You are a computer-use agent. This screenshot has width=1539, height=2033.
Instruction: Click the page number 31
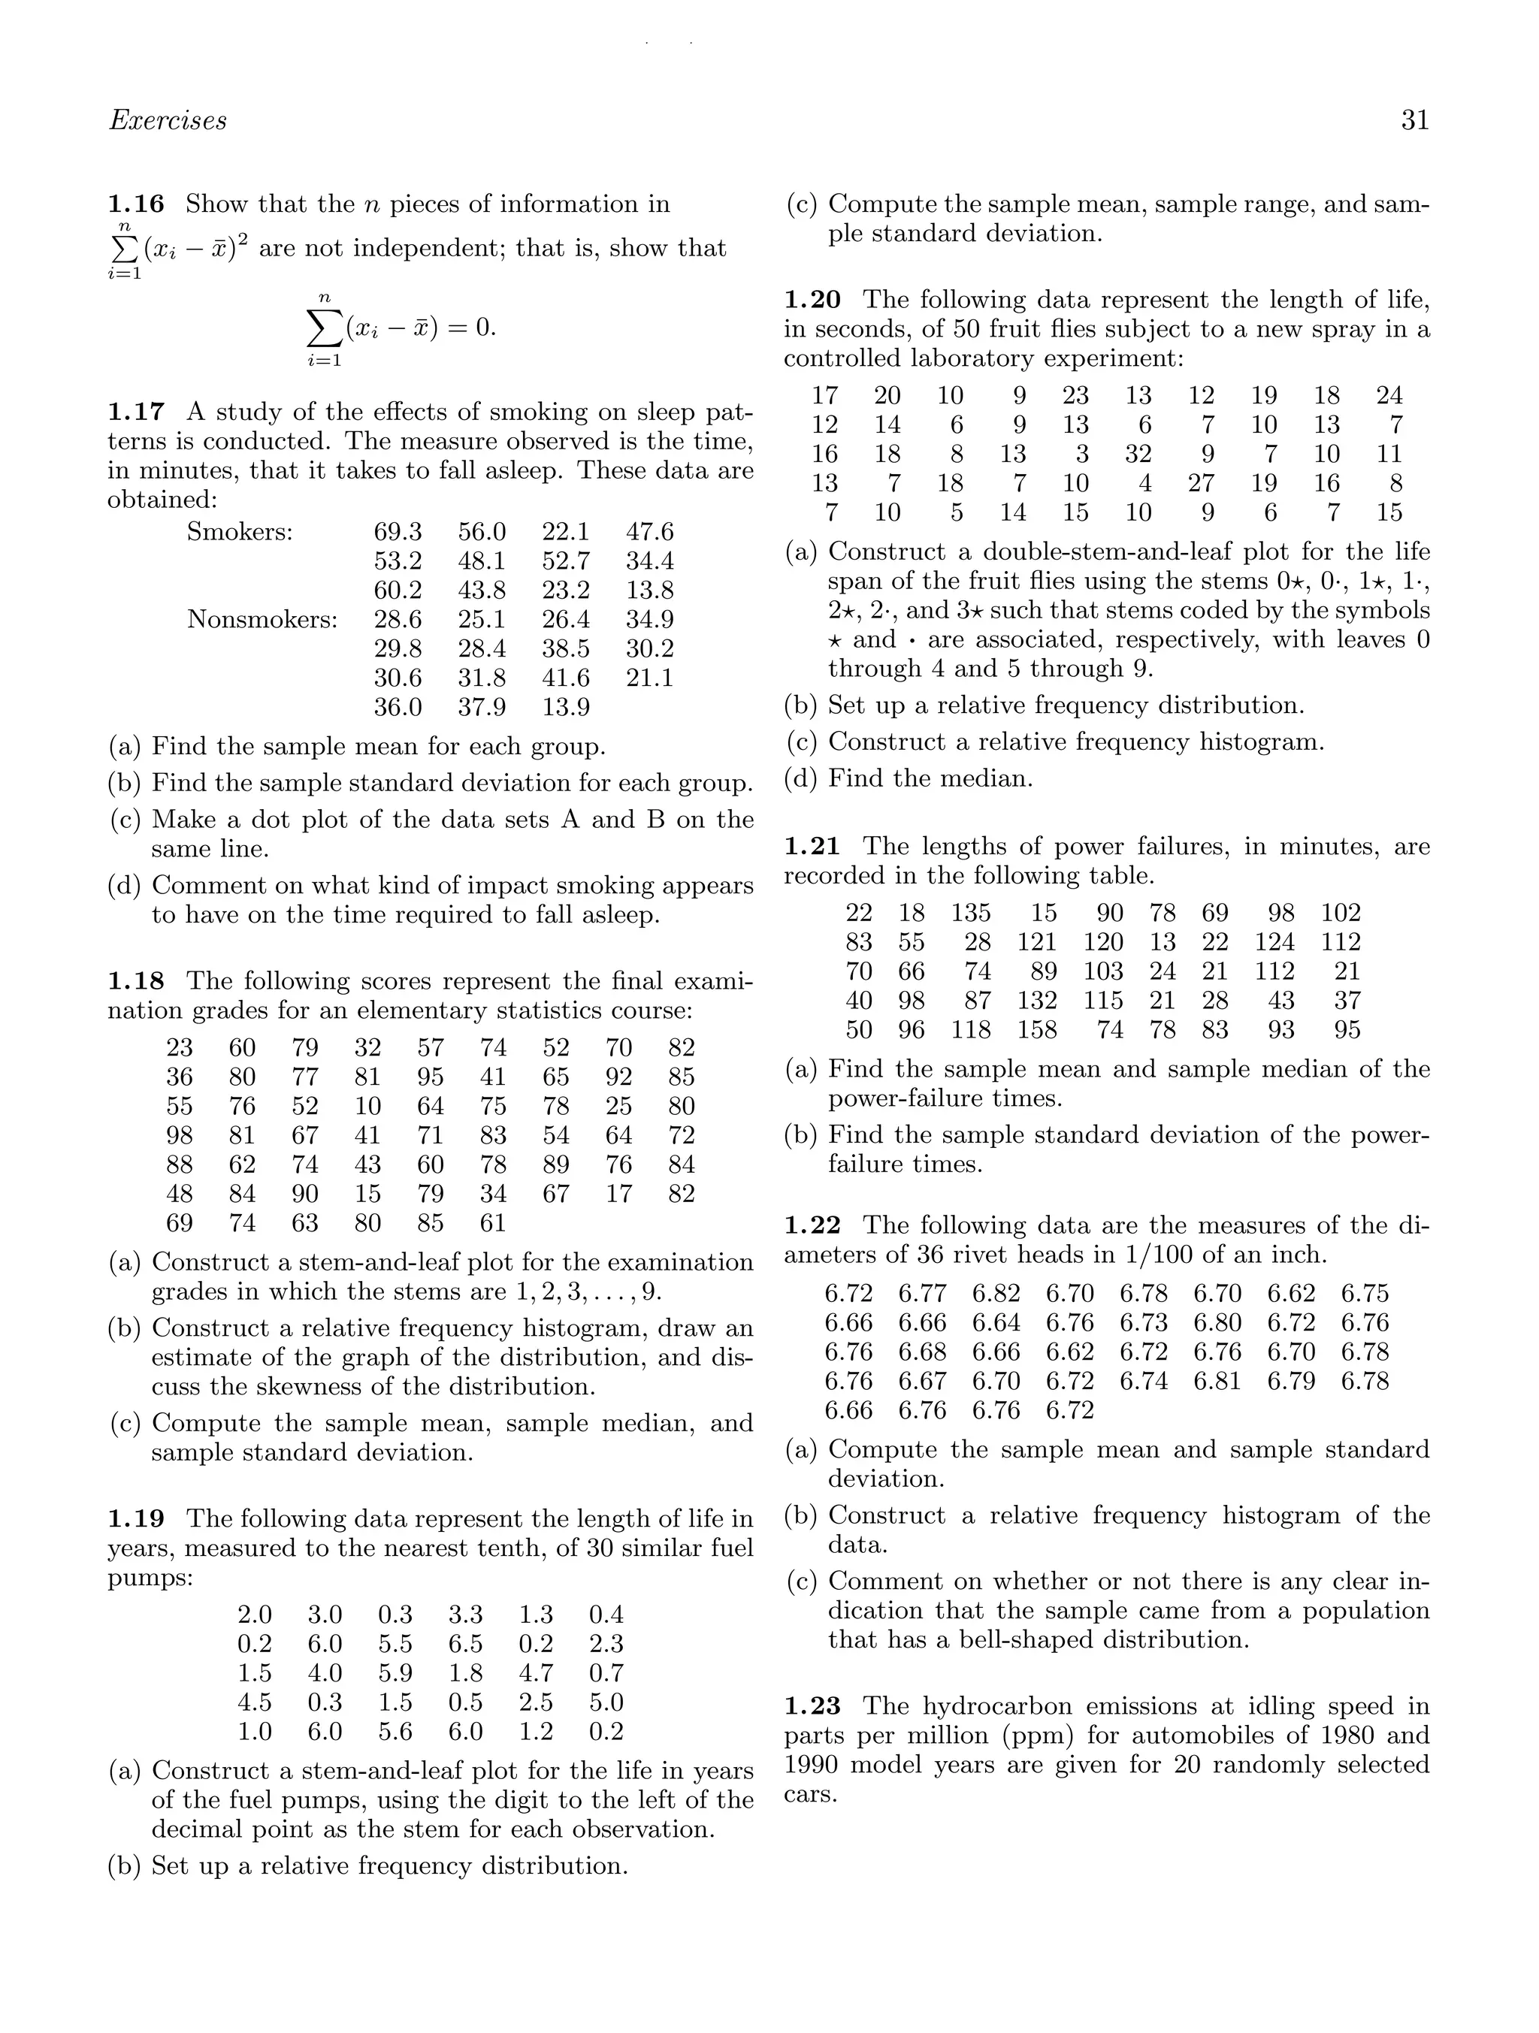pos(1415,120)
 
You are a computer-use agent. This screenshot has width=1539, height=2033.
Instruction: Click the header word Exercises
pos(168,120)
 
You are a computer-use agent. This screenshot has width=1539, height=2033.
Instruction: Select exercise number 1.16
pos(135,204)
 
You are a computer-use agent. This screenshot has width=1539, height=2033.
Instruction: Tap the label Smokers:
pos(240,531)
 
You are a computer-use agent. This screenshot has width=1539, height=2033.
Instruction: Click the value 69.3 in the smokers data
pos(398,531)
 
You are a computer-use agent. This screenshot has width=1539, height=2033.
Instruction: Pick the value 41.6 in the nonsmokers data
pos(565,678)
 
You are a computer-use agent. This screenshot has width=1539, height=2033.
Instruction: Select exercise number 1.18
pos(135,982)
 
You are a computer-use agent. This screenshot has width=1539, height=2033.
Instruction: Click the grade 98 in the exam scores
pos(180,1136)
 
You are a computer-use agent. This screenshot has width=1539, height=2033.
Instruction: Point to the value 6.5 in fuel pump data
pos(465,1643)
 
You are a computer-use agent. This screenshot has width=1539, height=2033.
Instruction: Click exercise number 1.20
pos(812,300)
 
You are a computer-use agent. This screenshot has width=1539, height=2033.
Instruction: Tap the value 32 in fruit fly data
pos(1138,454)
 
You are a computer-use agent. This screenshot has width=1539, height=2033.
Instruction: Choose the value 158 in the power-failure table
pos(1037,1030)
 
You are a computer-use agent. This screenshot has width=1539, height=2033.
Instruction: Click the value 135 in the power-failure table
pos(971,913)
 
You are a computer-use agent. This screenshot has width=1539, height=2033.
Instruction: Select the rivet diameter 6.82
pos(996,1294)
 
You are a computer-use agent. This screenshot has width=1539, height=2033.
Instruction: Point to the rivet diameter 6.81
pos(1217,1382)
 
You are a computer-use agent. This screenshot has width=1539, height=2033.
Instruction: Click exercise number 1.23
pos(812,1707)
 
